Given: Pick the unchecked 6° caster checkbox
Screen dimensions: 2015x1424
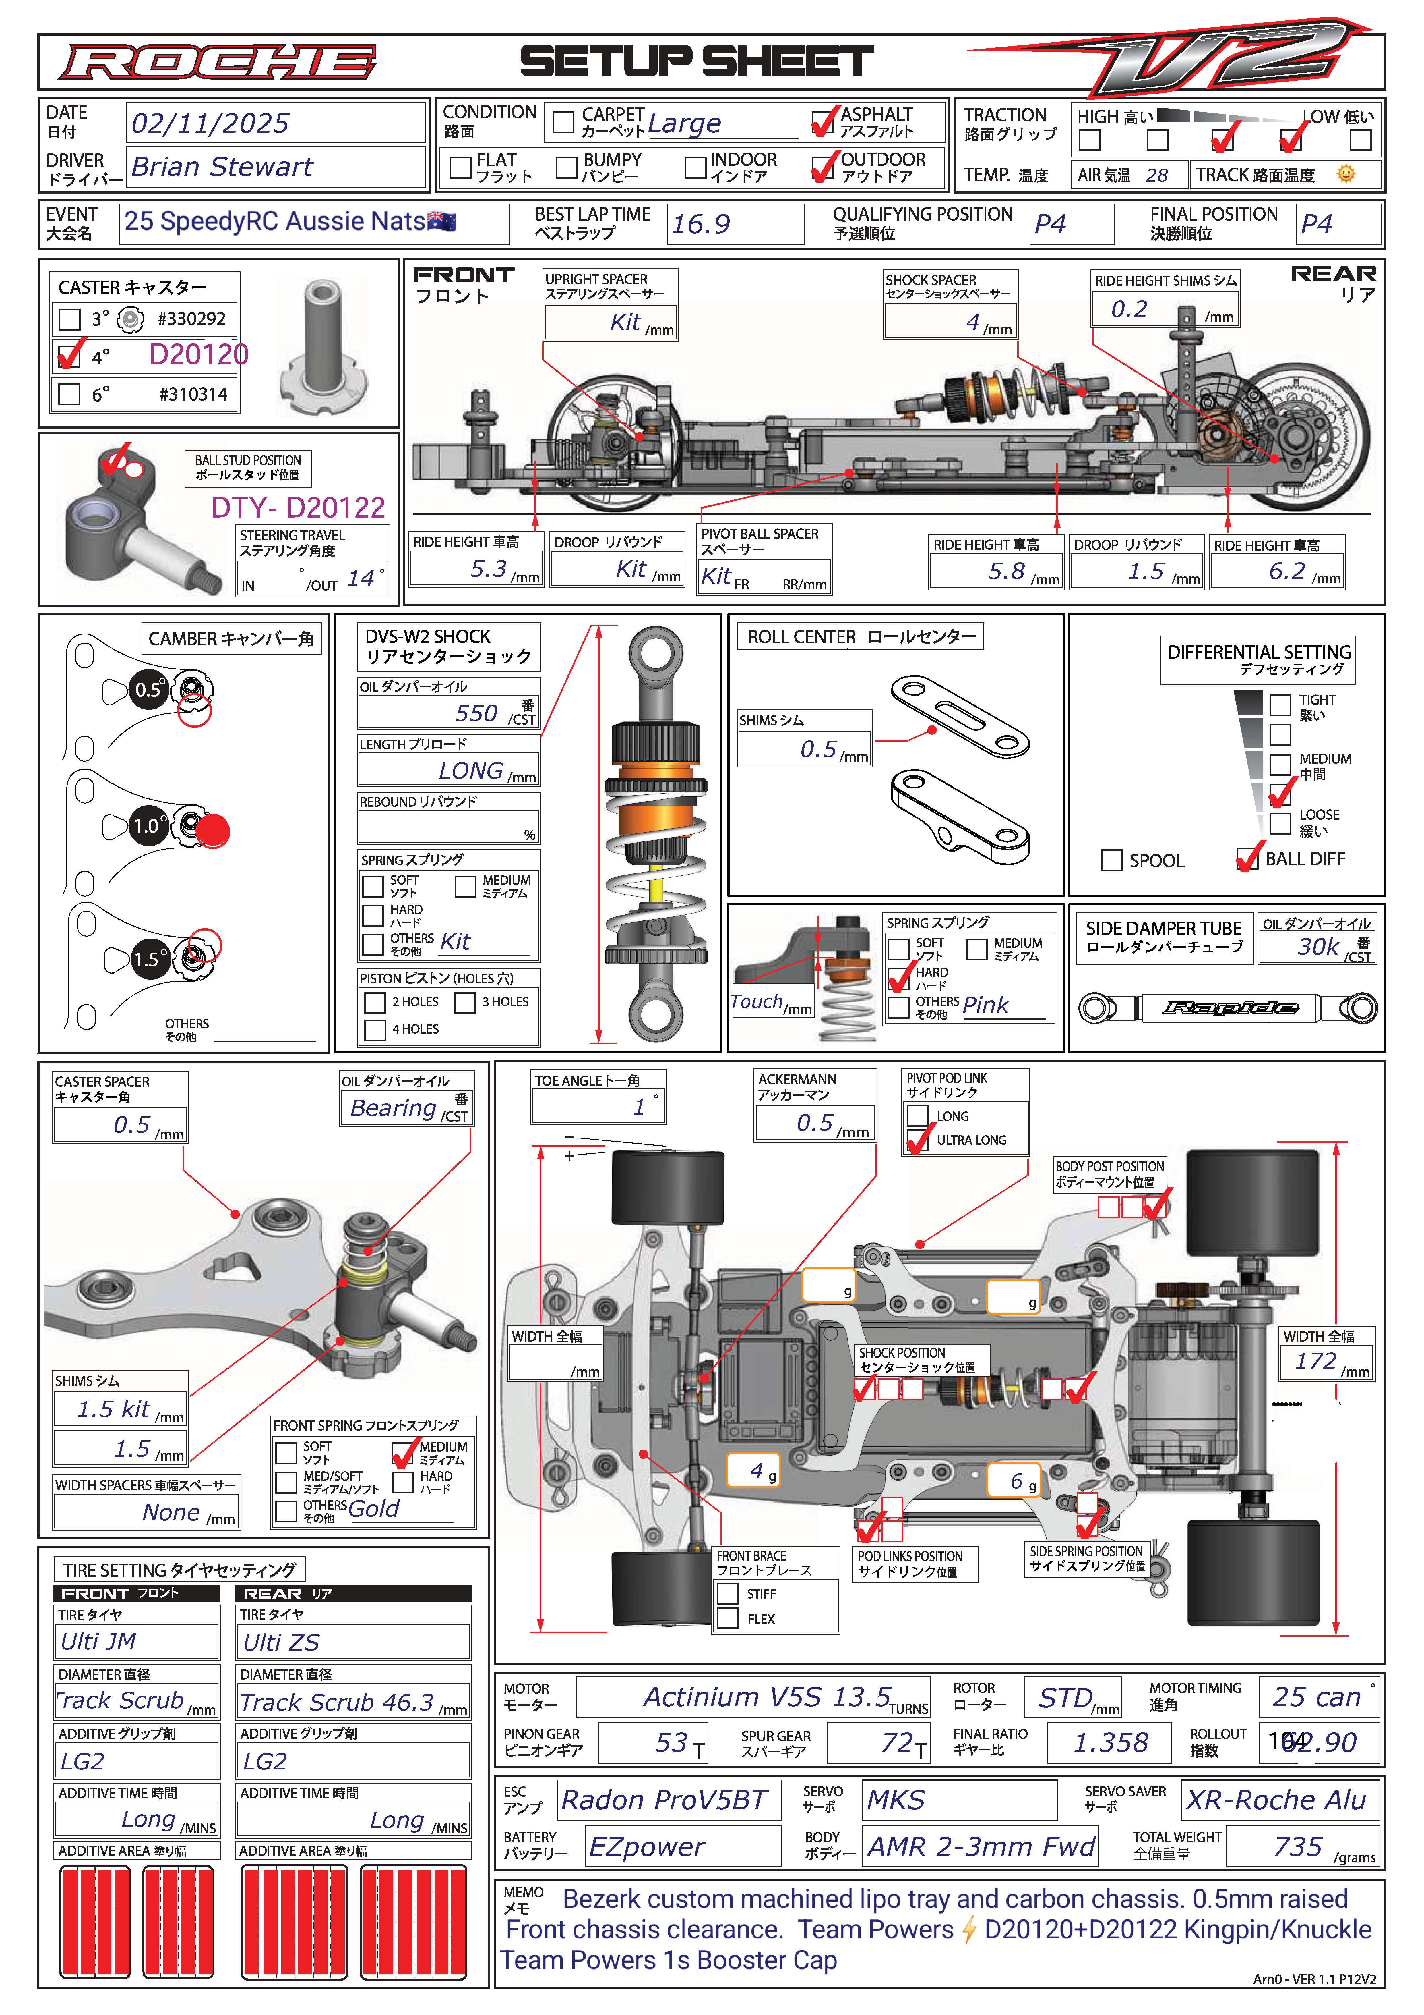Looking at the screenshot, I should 69,394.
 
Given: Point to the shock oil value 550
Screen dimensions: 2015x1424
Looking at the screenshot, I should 476,713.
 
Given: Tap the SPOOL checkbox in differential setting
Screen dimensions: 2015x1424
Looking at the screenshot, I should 1112,860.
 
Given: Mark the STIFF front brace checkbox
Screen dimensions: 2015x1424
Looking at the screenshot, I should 727,1593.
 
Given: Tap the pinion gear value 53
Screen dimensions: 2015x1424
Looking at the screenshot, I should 671,1742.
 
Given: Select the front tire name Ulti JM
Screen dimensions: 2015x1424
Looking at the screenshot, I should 98,1641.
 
